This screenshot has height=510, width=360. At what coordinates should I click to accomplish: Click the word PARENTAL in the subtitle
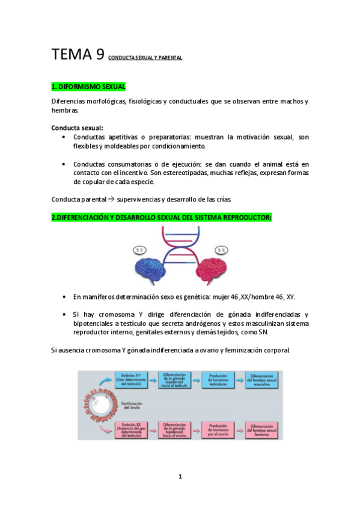coord(169,58)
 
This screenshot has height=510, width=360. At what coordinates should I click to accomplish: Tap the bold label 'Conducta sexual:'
coord(77,127)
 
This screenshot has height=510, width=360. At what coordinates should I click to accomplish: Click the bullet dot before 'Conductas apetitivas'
coord(64,138)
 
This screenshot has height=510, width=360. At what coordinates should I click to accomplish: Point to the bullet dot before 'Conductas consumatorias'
coord(64,164)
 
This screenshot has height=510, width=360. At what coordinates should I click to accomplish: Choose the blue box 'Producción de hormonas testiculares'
coord(219,379)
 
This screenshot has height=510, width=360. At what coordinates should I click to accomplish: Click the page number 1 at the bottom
coord(180,477)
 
